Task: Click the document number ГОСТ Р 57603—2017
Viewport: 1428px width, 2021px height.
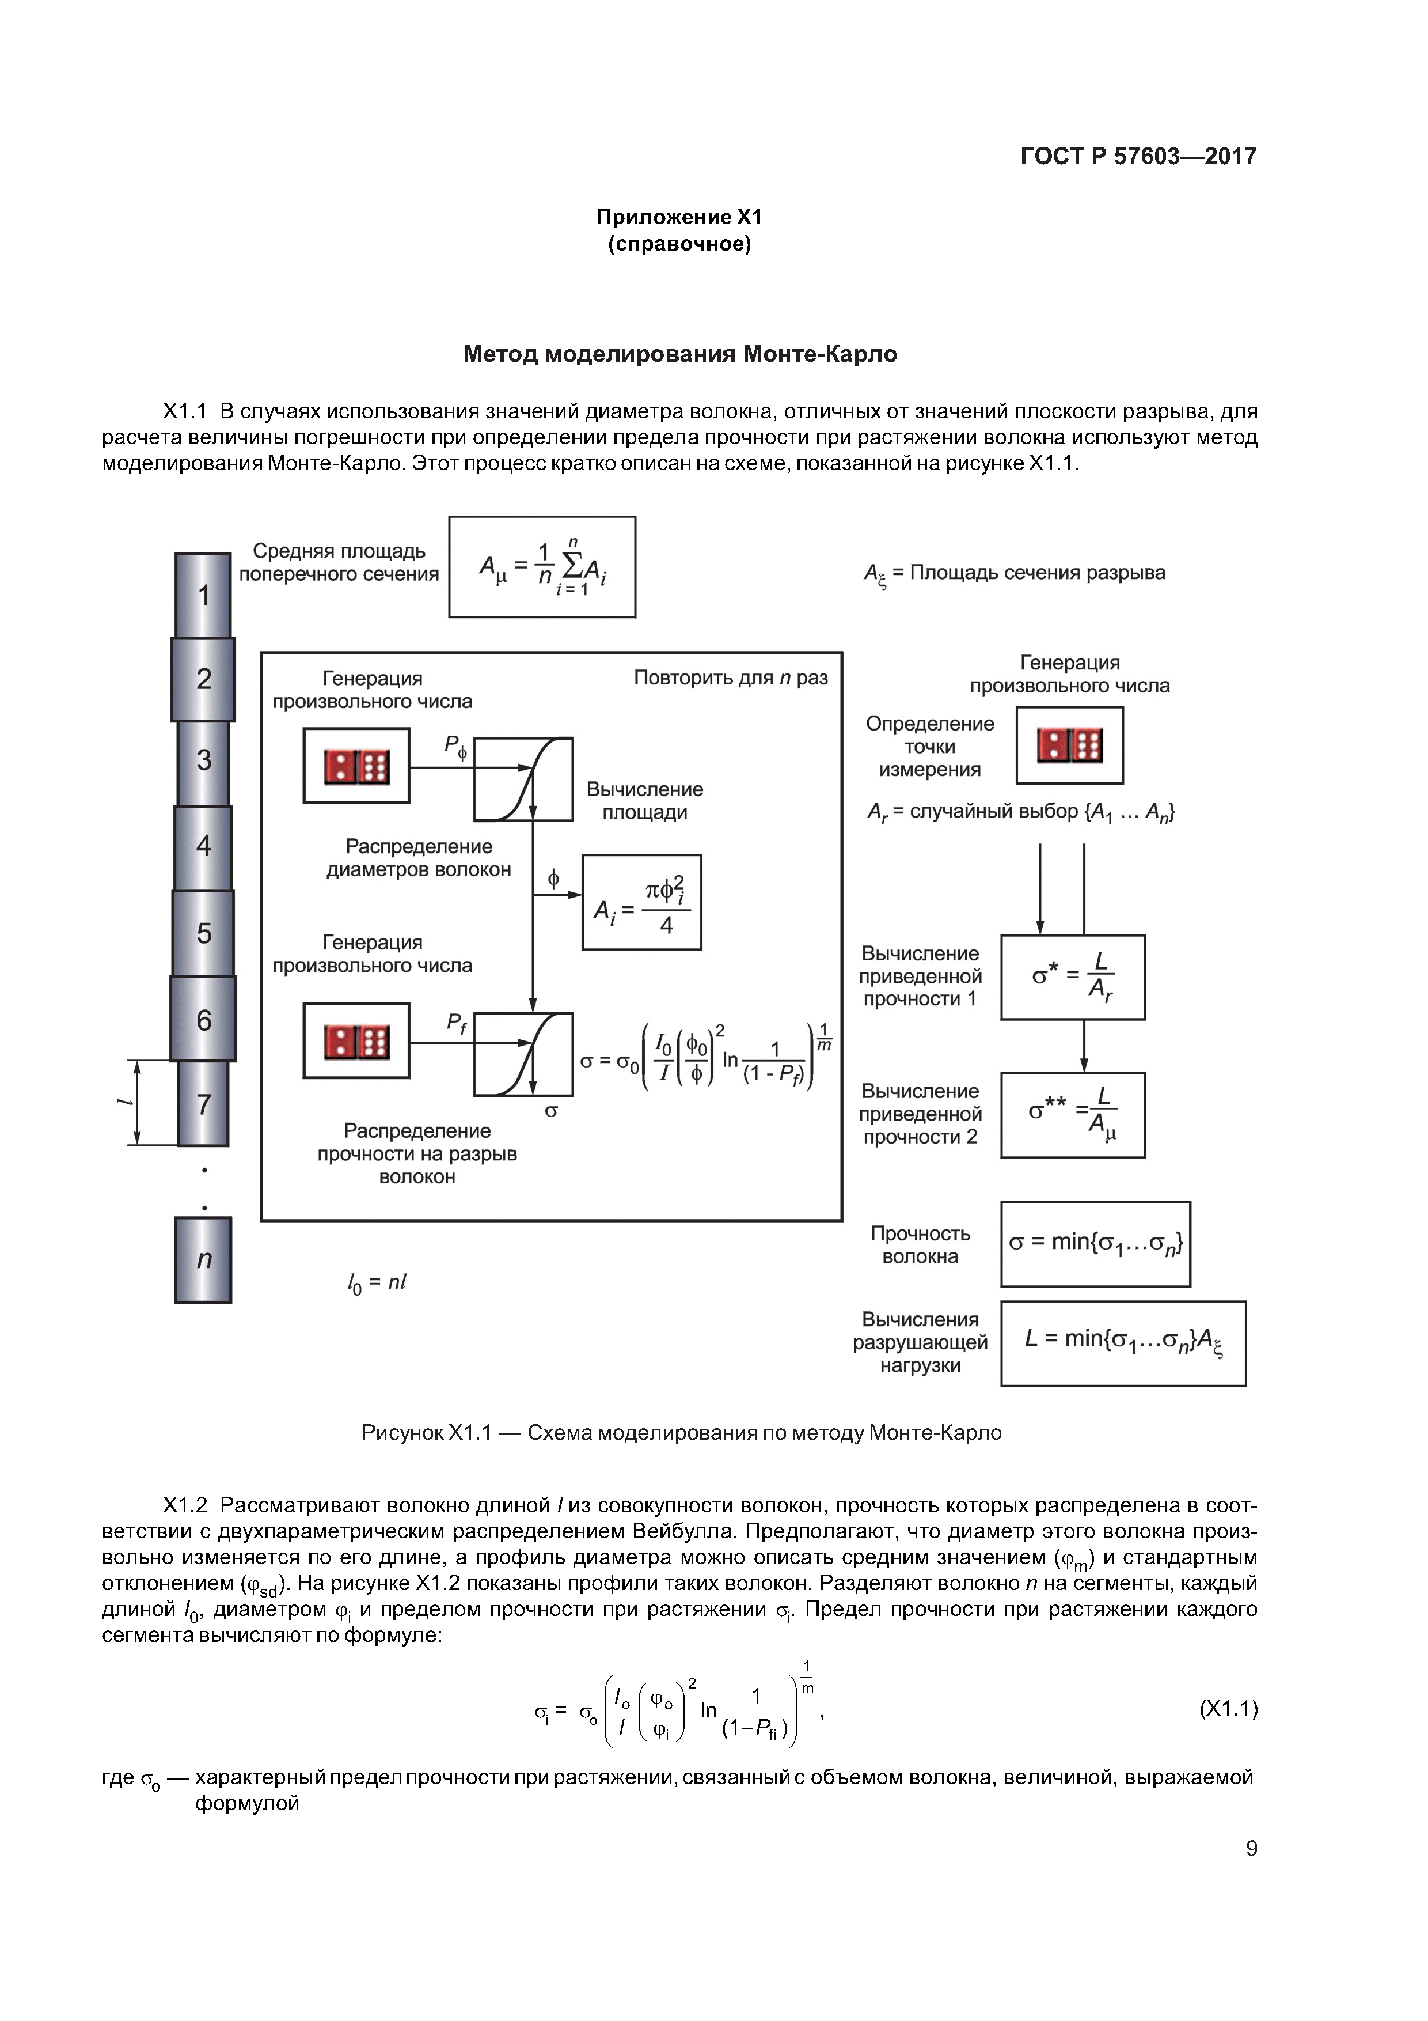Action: click(x=1138, y=157)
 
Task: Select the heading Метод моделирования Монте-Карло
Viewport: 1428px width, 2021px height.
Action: click(x=679, y=354)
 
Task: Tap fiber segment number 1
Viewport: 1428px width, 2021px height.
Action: click(x=203, y=596)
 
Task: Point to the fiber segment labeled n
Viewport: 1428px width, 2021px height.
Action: click(x=203, y=1259)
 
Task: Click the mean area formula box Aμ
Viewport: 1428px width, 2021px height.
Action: click(x=542, y=567)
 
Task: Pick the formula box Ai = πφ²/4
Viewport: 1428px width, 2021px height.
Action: click(x=641, y=902)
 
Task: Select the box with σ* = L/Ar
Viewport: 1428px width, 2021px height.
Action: click(x=1073, y=977)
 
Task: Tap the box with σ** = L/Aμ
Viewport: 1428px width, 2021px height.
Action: click(x=1073, y=1114)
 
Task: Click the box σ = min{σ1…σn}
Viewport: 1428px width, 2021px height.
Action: click(x=1095, y=1244)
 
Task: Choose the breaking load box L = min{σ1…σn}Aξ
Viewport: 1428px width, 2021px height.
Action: click(x=1123, y=1343)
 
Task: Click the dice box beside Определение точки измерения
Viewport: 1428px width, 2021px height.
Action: click(x=1069, y=745)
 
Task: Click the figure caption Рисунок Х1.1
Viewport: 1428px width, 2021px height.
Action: click(x=681, y=1433)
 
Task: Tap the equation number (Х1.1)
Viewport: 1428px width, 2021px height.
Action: click(x=1228, y=1709)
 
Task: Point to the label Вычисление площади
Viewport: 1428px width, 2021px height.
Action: click(x=644, y=801)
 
